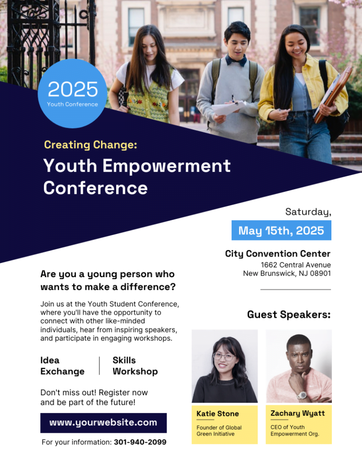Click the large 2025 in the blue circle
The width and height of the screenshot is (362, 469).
tap(73, 89)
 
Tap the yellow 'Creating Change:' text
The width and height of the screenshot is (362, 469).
tap(91, 145)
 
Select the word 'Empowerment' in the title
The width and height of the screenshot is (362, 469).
tap(167, 166)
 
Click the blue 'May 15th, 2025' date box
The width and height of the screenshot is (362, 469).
tap(281, 230)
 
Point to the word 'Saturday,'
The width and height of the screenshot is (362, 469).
tap(308, 212)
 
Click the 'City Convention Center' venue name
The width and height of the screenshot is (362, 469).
tap(278, 254)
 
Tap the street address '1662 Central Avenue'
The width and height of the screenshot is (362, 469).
tap(296, 265)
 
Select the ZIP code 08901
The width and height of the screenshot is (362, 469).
tap(320, 273)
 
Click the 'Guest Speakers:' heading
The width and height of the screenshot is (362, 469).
tap(289, 315)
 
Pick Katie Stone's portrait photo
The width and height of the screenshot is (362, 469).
tap(225, 366)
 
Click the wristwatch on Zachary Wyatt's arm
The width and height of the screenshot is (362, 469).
tap(302, 395)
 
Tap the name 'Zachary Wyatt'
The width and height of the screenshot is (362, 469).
tap(297, 414)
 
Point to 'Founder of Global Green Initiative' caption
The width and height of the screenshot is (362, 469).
tap(219, 431)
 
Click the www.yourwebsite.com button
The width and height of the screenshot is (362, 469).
tap(103, 423)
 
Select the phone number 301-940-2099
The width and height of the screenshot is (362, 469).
tap(140, 442)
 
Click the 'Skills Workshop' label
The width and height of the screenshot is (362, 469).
tap(135, 366)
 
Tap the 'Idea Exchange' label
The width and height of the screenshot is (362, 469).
tap(63, 366)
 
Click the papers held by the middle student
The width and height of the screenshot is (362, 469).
tap(229, 108)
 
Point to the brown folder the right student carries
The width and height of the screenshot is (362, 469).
tap(333, 94)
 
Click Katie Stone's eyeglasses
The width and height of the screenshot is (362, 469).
tap(225, 356)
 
